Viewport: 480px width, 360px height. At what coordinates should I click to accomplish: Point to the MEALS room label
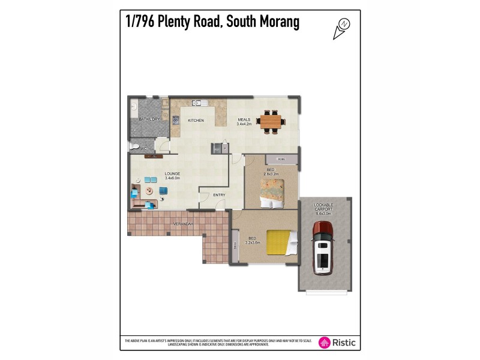point(244,119)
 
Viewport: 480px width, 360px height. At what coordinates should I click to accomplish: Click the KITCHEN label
point(196,121)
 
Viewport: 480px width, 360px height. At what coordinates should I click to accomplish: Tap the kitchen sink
point(196,103)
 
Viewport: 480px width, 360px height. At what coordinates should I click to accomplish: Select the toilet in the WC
point(134,146)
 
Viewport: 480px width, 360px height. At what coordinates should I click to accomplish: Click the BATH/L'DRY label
point(149,119)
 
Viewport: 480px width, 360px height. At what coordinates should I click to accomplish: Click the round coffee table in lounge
point(149,191)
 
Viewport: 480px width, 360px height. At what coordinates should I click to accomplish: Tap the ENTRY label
point(219,194)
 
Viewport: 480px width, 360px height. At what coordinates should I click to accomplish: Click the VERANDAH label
point(182,224)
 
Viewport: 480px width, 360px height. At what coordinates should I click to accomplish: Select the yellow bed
point(281,243)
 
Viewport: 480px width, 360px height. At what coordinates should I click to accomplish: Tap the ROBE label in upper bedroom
point(281,159)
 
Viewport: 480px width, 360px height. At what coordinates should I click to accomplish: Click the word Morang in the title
point(275,23)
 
